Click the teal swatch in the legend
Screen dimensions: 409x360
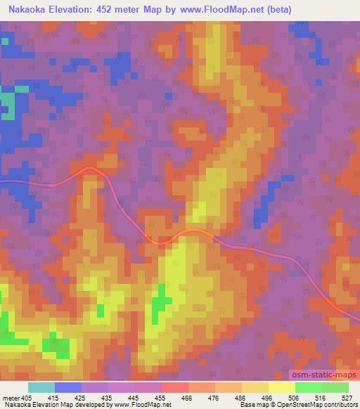tap(41, 387)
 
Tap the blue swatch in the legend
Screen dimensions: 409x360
tap(68, 387)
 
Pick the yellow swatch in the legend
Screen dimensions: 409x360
tap(281, 387)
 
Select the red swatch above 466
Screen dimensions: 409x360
tap(174, 387)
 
